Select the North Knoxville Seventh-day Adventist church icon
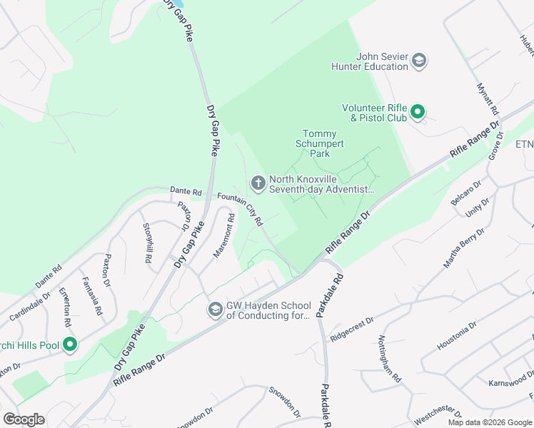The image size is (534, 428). [x=258, y=184]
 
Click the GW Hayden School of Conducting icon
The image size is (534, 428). [x=215, y=310]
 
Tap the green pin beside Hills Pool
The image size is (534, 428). [x=69, y=346]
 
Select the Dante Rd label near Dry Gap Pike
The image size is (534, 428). [x=186, y=191]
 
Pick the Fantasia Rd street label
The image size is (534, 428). [x=90, y=297]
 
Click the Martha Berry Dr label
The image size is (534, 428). [x=464, y=248]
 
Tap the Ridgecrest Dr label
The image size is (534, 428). [x=353, y=332]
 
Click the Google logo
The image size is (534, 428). [x=24, y=419]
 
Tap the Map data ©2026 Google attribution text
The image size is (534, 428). [x=489, y=422]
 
